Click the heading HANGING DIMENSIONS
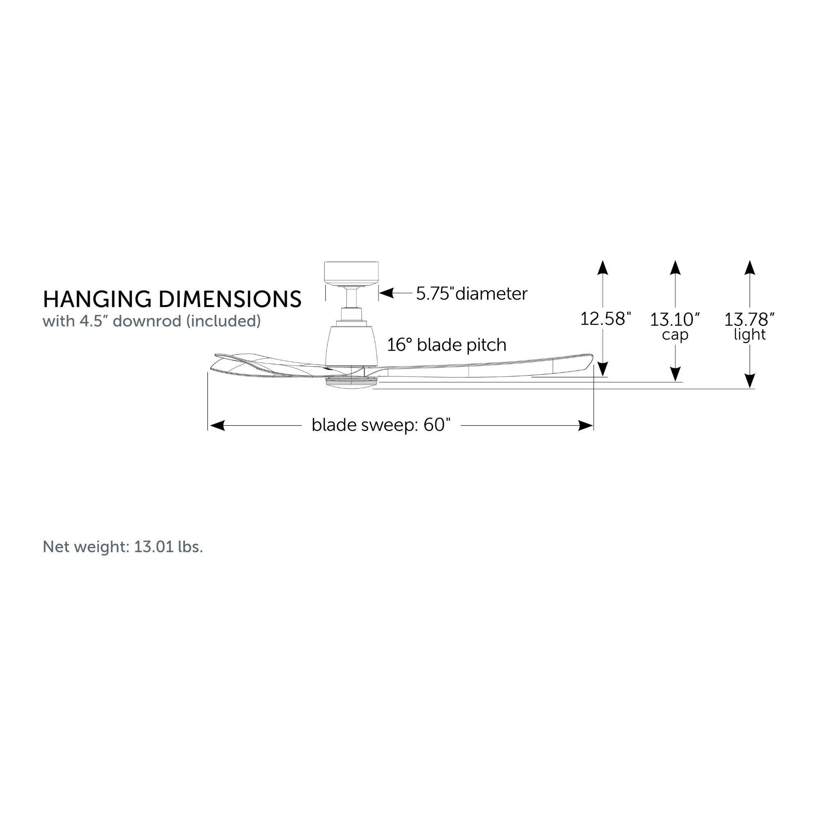tap(172, 299)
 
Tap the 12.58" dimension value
tap(606, 319)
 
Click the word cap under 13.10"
tap(675, 335)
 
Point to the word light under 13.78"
tap(749, 335)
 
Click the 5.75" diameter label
tap(471, 293)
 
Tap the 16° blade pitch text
tap(446, 345)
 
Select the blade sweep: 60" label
tap(381, 425)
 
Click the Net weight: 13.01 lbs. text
tap(123, 547)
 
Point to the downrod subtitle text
tap(152, 321)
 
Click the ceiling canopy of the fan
tap(351, 274)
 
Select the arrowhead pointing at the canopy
tap(387, 293)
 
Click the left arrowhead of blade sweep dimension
tap(217, 425)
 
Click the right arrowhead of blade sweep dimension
tap(586, 425)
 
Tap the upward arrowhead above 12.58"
tap(603, 268)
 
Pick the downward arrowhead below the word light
tap(750, 381)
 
